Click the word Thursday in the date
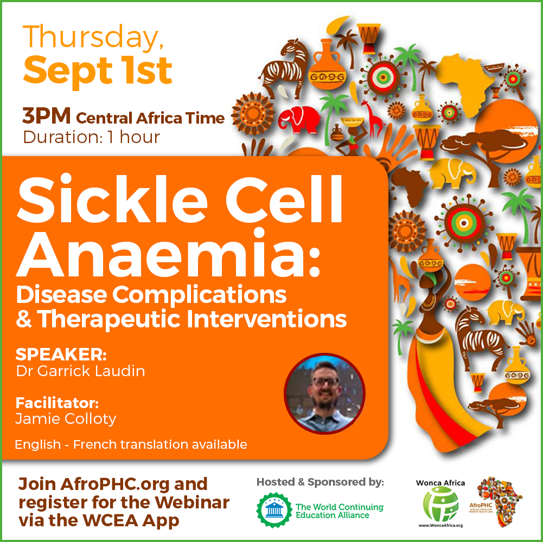pos(93,38)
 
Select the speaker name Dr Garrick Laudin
pos(80,371)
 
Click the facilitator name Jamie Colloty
pos(66,419)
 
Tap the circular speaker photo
pos(324,393)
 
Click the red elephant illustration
pos(300,119)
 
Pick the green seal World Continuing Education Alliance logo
pos(274,510)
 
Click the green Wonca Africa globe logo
pos(440,504)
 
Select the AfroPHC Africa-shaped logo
pos(499,501)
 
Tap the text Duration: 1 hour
pos(92,137)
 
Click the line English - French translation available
pos(131,444)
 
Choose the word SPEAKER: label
pos(61,354)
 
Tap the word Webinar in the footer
pos(192,502)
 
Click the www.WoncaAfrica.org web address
pos(440,525)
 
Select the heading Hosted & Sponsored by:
pos(321,482)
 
